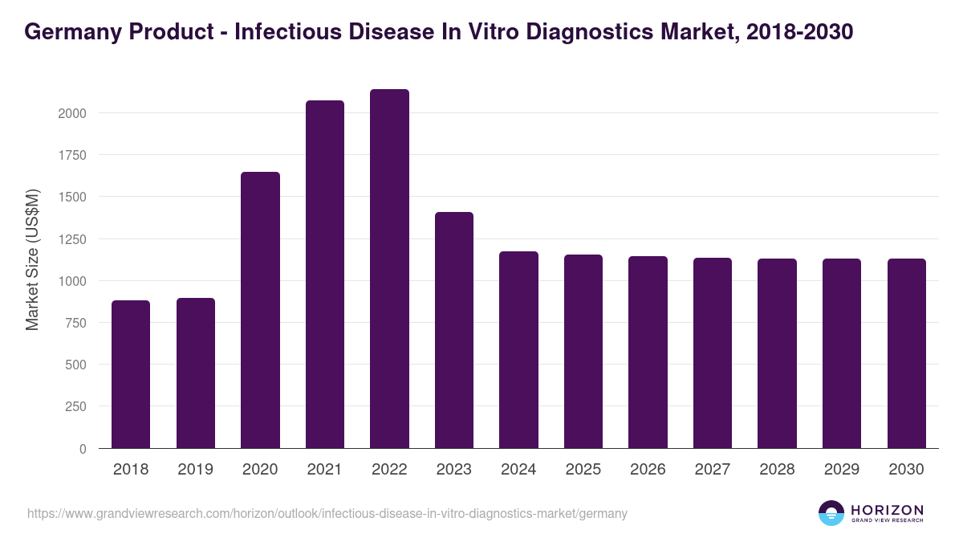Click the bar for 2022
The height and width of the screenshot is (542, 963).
(389, 269)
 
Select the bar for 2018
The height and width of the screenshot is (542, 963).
(131, 374)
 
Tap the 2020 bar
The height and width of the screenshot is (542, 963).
(260, 310)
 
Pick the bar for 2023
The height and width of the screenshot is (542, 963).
(454, 330)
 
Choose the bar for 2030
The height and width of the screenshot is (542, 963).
(906, 353)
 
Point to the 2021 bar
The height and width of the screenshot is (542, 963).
(325, 275)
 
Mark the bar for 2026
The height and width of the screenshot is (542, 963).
(648, 352)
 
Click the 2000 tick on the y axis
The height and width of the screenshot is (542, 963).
(72, 113)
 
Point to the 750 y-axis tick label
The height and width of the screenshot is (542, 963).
(76, 323)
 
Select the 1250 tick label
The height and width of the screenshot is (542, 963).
(72, 239)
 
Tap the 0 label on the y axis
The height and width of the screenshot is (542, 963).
(83, 449)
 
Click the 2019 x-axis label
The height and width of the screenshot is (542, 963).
(195, 470)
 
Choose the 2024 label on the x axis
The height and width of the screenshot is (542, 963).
(518, 470)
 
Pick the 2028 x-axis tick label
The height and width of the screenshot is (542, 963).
(777, 470)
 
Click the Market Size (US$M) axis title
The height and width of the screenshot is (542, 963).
(32, 260)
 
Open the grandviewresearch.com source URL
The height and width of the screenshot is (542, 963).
(327, 513)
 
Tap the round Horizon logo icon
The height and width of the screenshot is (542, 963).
(831, 513)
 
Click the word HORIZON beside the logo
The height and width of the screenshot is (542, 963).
(887, 509)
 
